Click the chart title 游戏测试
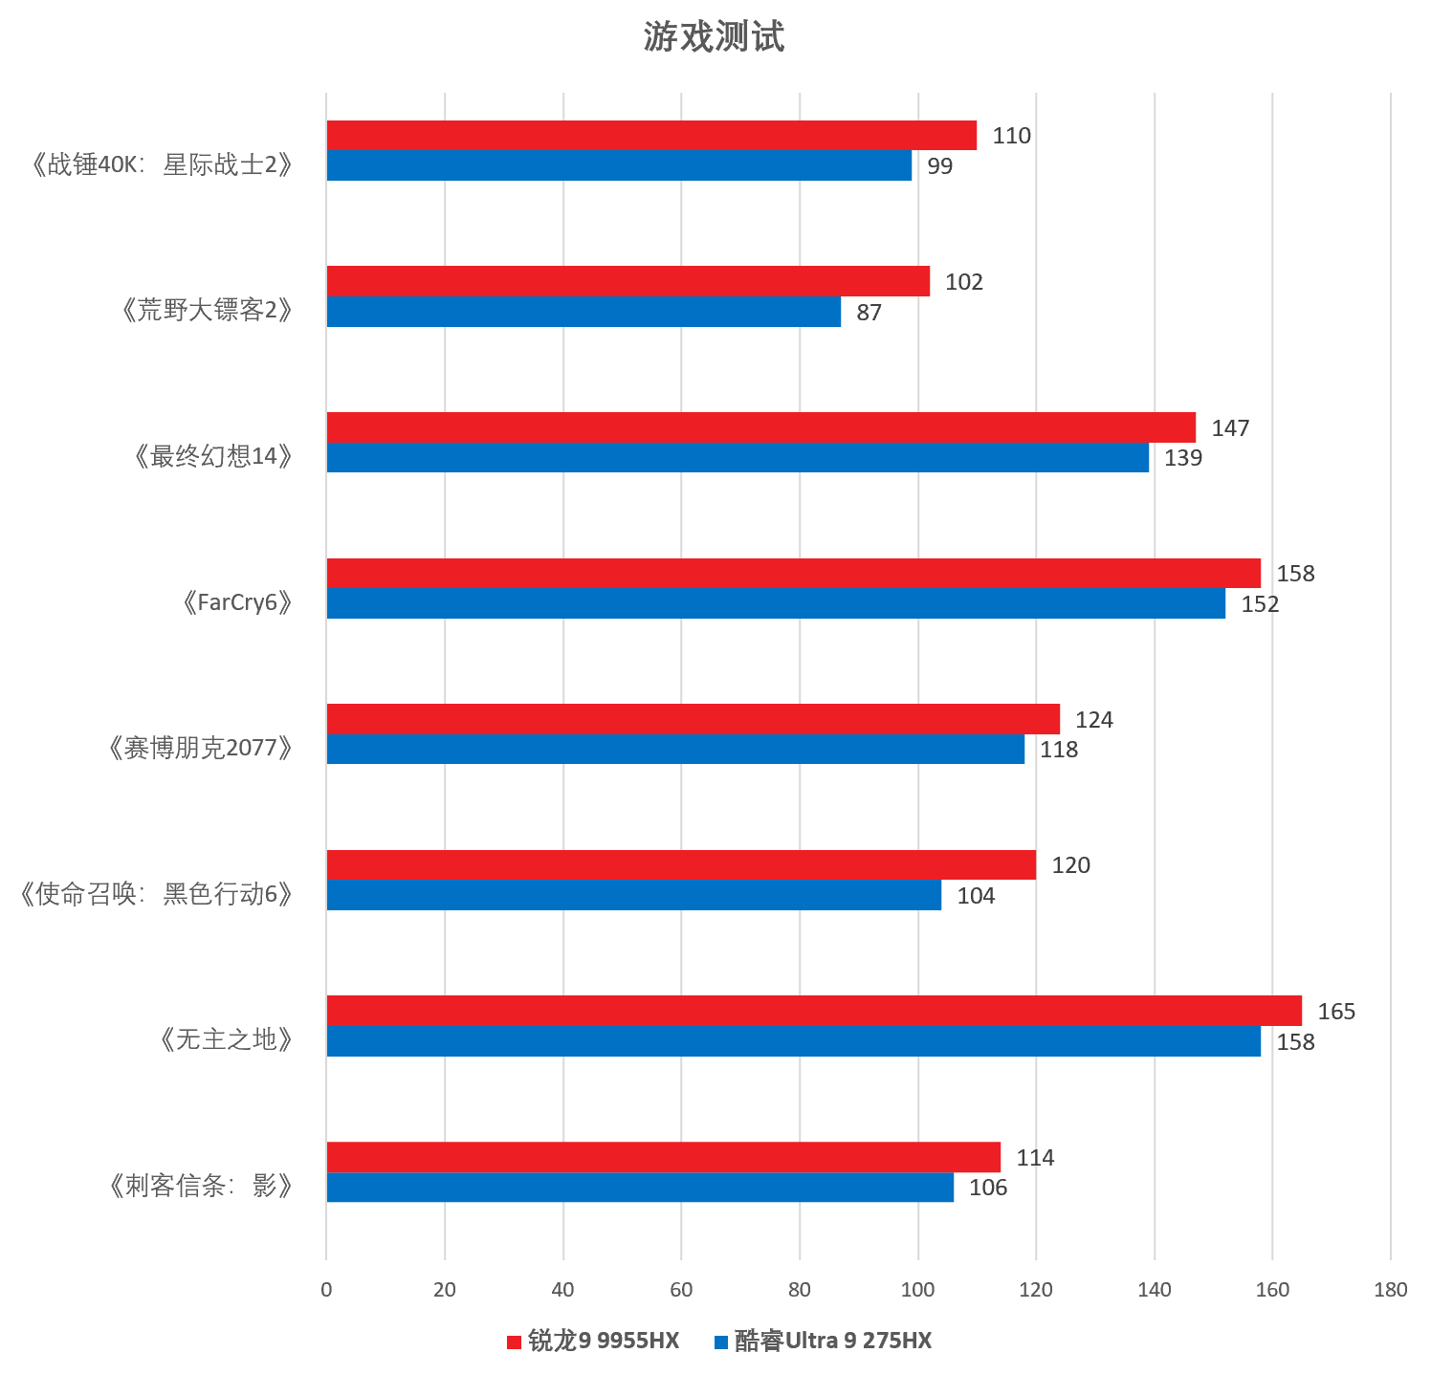coord(714,37)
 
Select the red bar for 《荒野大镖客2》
coord(627,281)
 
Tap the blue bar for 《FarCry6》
coord(776,603)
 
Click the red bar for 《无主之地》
coord(814,1011)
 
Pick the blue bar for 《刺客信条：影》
coord(640,1188)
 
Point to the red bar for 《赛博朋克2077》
coord(693,719)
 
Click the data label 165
coord(1336,1011)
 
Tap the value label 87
coord(869,313)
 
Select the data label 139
coord(1183,458)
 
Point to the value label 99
coord(939,166)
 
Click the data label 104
coord(976,896)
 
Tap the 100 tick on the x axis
coord(917,1289)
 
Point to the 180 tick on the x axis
coord(1390,1289)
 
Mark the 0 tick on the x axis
coord(326,1289)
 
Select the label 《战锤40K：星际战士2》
coord(158,164)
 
